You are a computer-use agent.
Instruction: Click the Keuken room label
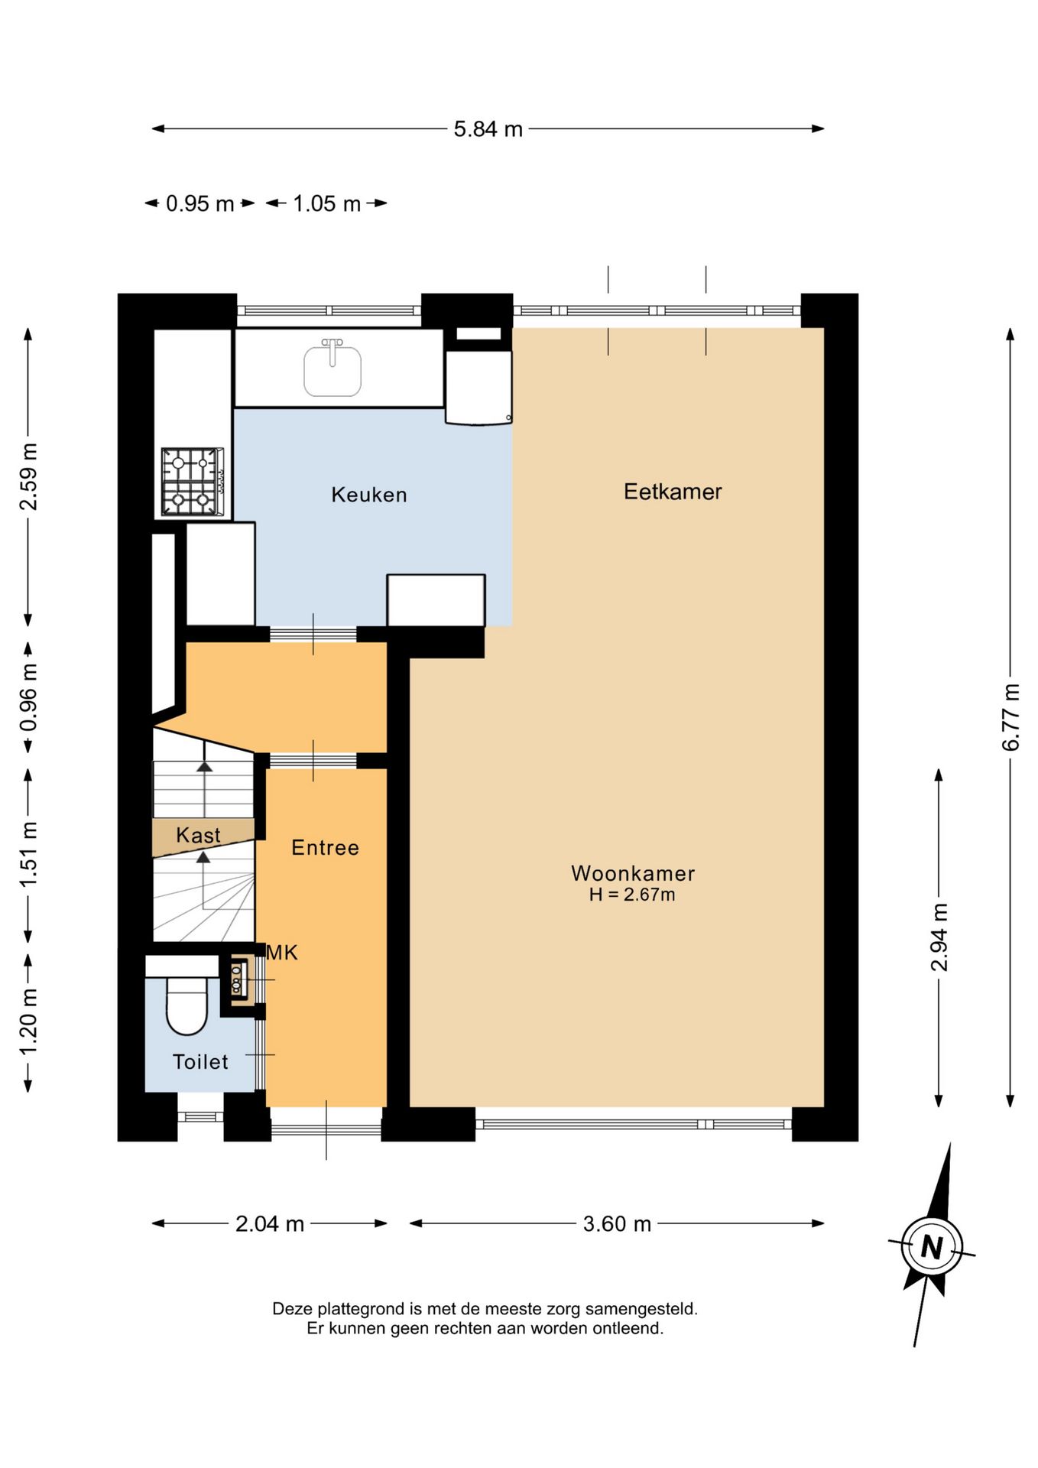tap(369, 495)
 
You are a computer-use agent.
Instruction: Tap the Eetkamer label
tap(673, 492)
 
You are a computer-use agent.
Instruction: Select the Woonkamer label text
tap(633, 873)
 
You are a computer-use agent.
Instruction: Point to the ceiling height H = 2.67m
tap(632, 895)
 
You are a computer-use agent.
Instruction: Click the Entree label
tap(325, 847)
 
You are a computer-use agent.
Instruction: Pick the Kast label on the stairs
tap(198, 835)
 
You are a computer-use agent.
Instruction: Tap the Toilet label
tap(200, 1061)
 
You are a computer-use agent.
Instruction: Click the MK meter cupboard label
tap(282, 953)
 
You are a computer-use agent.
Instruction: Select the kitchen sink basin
tap(332, 370)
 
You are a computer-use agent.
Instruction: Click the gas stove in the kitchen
tap(192, 482)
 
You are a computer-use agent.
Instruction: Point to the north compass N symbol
tap(932, 1247)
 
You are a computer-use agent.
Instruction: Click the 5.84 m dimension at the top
tap(488, 129)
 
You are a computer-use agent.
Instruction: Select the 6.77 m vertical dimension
tap(1010, 717)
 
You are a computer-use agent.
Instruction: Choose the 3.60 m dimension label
tap(617, 1224)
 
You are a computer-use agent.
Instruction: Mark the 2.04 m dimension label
tap(270, 1224)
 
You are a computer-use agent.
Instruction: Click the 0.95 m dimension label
tap(199, 203)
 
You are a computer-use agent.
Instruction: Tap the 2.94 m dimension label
tap(939, 937)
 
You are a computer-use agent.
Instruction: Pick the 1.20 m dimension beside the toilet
tap(28, 1021)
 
